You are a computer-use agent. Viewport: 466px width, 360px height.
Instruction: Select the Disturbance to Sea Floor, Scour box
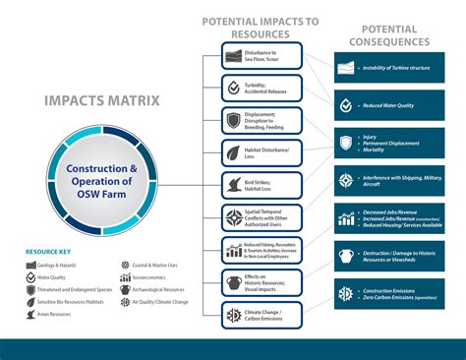pos(259,55)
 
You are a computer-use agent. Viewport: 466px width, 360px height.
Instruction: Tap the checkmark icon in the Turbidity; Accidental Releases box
pos(232,88)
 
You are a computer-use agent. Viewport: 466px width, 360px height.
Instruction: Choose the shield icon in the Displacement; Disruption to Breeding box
pos(232,120)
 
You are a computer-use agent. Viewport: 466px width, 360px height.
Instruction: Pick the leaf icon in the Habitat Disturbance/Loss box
pos(232,152)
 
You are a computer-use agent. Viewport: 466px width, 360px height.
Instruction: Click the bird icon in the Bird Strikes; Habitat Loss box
pos(232,185)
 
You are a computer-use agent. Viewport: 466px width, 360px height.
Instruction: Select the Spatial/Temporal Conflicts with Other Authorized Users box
pos(259,217)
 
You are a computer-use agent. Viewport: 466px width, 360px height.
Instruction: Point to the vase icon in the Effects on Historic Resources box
pos(232,282)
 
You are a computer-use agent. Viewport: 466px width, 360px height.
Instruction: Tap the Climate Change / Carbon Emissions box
pos(259,315)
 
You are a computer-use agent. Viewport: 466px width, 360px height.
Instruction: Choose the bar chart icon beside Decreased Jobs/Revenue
pos(345,218)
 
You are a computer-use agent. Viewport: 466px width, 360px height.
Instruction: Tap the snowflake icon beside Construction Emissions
pos(345,294)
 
